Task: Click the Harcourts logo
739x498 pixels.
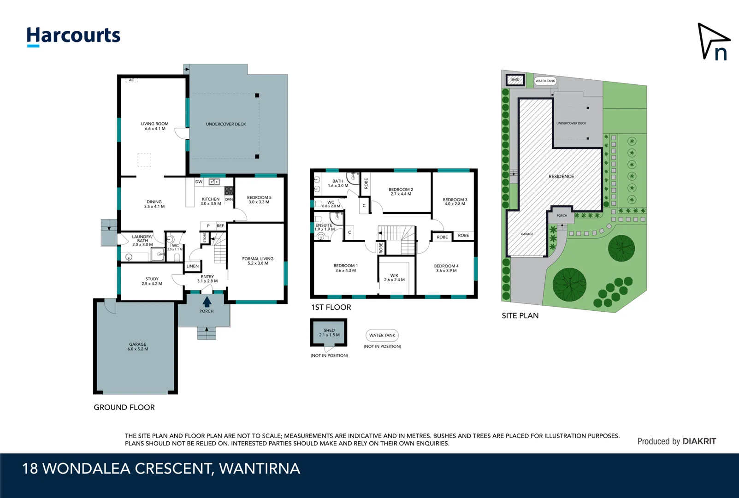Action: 73,36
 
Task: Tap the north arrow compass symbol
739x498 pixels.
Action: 713,42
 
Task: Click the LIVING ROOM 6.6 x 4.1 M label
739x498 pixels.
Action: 154,126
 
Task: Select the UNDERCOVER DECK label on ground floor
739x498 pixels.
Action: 226,124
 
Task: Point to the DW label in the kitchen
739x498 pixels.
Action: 199,182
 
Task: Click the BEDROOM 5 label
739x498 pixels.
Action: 259,200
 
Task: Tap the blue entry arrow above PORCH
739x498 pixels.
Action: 207,302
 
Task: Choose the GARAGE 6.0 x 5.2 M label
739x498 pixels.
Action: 137,347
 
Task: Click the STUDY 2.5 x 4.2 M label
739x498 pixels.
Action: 152,281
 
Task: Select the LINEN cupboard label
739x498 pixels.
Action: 193,266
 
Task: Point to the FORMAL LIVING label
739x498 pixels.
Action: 258,261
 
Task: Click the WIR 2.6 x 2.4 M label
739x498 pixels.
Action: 394,278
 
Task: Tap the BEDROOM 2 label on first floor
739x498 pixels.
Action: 401,192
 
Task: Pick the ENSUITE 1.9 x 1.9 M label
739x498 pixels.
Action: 324,227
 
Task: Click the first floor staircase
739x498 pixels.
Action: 396,239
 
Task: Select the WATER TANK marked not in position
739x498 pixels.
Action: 382,335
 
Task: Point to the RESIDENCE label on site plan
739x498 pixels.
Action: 561,177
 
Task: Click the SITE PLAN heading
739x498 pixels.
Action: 520,316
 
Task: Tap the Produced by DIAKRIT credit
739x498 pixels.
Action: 676,441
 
